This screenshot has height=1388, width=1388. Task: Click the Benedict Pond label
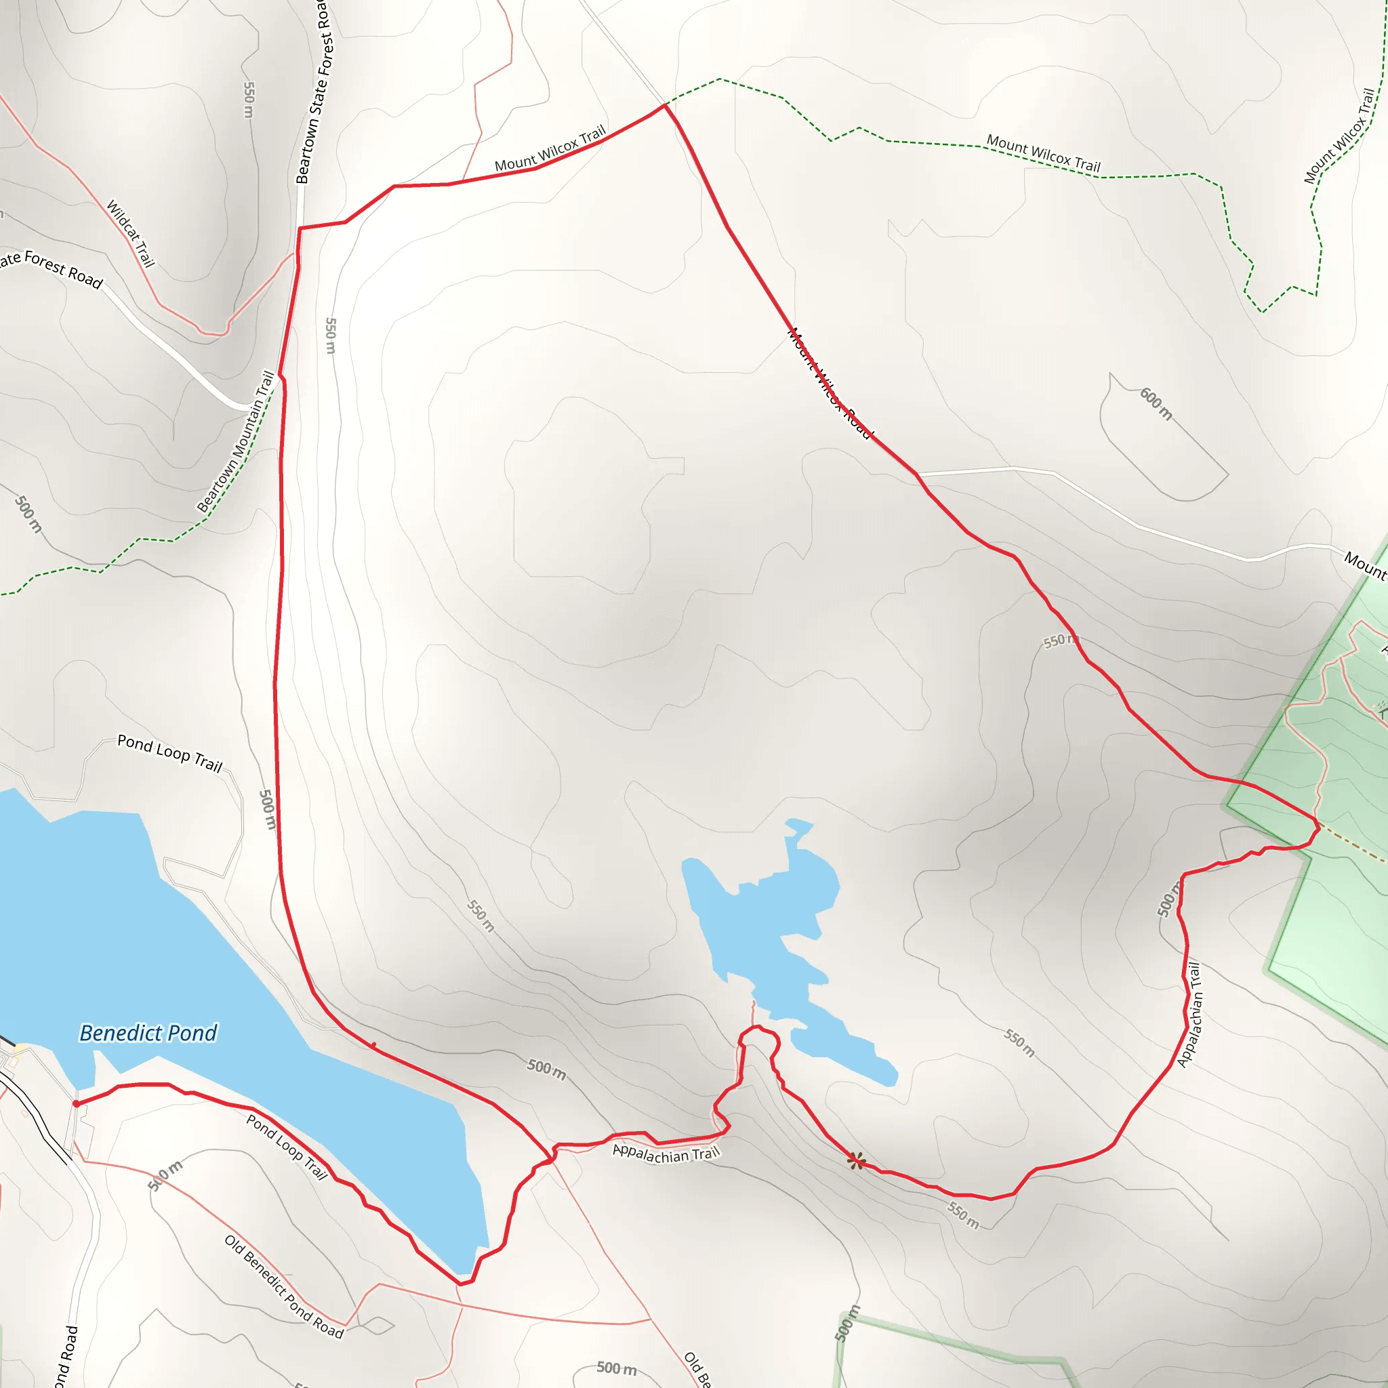[x=148, y=1033]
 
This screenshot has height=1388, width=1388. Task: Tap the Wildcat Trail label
[x=131, y=234]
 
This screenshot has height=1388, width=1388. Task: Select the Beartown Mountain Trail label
[x=237, y=441]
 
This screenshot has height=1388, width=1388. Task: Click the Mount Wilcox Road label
[x=829, y=383]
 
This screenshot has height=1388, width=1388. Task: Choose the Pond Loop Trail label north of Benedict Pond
[x=169, y=752]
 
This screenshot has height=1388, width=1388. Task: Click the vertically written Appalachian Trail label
[x=1189, y=1015]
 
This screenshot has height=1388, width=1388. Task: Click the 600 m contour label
[x=1156, y=404]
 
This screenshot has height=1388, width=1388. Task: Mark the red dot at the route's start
[x=76, y=1103]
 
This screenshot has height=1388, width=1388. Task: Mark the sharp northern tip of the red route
[x=666, y=105]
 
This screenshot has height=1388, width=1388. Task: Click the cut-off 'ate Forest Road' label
[x=50, y=267]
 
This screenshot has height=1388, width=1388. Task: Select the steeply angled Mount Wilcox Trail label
[x=1339, y=136]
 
